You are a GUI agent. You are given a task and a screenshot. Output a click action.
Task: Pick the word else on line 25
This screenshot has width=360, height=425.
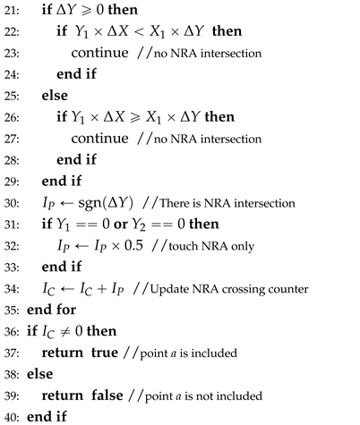pyautogui.click(x=53, y=119)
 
